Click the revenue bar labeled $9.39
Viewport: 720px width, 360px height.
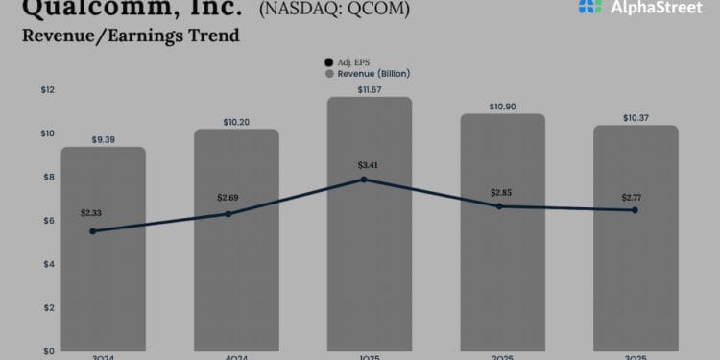tap(103, 288)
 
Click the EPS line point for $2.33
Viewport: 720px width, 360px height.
tap(93, 231)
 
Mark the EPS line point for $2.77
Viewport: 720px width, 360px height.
tap(634, 210)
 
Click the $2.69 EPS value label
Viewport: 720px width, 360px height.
tap(228, 197)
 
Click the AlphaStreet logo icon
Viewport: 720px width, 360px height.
tap(591, 7)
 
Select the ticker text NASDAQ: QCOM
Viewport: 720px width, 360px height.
tap(334, 10)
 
